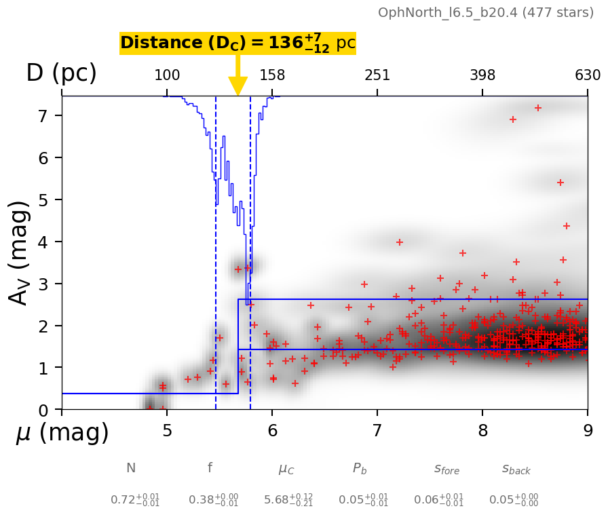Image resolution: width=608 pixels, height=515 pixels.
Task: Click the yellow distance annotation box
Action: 237,43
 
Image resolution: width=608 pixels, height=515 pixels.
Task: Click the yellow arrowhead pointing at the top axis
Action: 237,86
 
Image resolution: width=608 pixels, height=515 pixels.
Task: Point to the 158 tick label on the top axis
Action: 272,75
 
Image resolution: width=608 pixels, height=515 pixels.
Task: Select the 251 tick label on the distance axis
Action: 377,75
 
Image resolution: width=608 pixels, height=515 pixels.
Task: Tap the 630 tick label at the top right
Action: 588,75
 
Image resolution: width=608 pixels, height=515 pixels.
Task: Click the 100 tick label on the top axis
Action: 167,75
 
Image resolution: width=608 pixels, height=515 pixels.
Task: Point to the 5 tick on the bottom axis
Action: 167,431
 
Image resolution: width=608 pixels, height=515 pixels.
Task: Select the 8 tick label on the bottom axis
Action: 482,431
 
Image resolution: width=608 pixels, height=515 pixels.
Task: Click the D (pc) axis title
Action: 61,73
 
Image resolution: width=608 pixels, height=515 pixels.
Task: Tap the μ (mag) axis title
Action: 62,433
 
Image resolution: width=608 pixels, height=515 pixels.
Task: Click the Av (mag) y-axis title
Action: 21,252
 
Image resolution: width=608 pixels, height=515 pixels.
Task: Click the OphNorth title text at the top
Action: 486,13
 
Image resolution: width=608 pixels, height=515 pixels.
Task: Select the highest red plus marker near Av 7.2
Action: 538,108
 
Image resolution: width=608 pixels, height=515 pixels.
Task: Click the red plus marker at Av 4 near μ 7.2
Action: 400,242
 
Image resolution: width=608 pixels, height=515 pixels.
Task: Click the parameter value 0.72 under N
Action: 131,500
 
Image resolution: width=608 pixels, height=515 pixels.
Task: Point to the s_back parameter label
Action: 516,469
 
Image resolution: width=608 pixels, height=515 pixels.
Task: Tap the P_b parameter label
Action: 360,469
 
